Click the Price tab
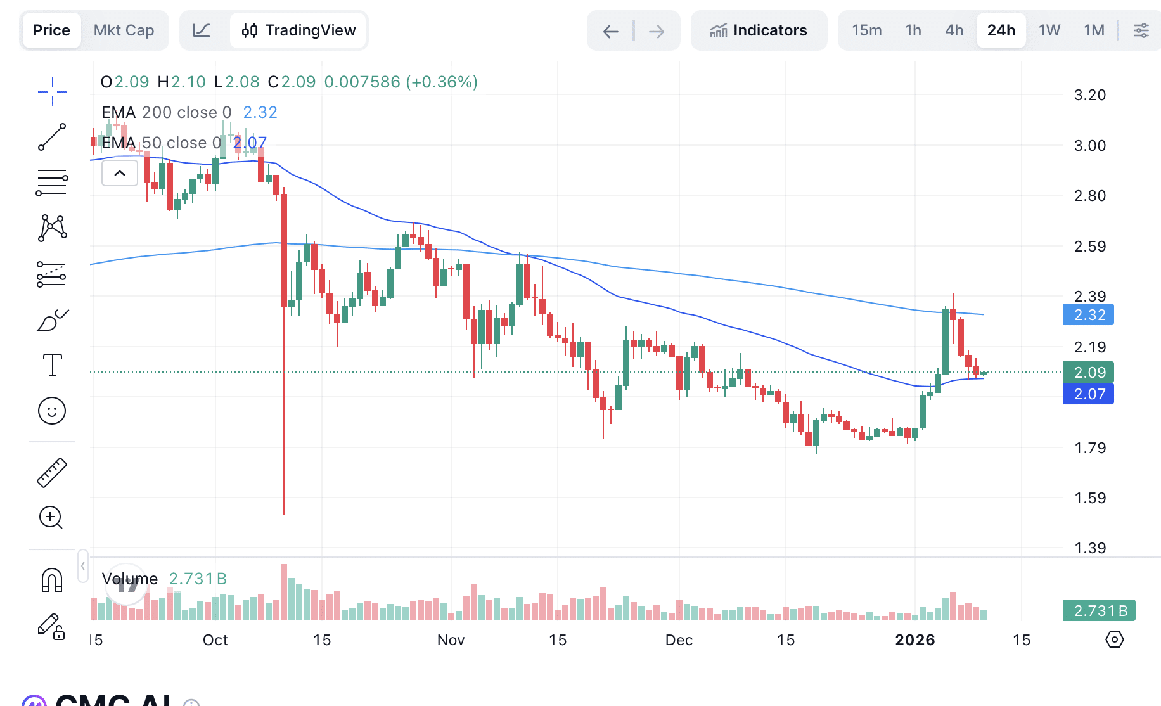pyautogui.click(x=51, y=30)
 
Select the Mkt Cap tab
pyautogui.click(x=124, y=30)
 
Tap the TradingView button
pyautogui.click(x=298, y=30)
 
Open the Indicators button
pyautogui.click(x=759, y=30)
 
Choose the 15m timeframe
pyautogui.click(x=866, y=30)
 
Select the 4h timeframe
pyautogui.click(x=954, y=30)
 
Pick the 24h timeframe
pyautogui.click(x=1001, y=30)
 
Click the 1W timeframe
pyautogui.click(x=1049, y=30)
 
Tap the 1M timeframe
pyautogui.click(x=1094, y=30)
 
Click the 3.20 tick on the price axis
pyautogui.click(x=1089, y=95)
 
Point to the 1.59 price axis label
pyautogui.click(x=1089, y=498)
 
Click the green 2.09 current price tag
pyautogui.click(x=1089, y=373)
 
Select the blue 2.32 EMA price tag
pyautogui.click(x=1089, y=315)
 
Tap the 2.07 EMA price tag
pyautogui.click(x=1089, y=394)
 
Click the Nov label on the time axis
pyautogui.click(x=451, y=640)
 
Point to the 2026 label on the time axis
pyautogui.click(x=914, y=640)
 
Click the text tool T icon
pyautogui.click(x=52, y=365)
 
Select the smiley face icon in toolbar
pyautogui.click(x=52, y=411)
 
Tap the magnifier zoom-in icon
pyautogui.click(x=51, y=518)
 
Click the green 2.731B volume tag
pyautogui.click(x=1100, y=611)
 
